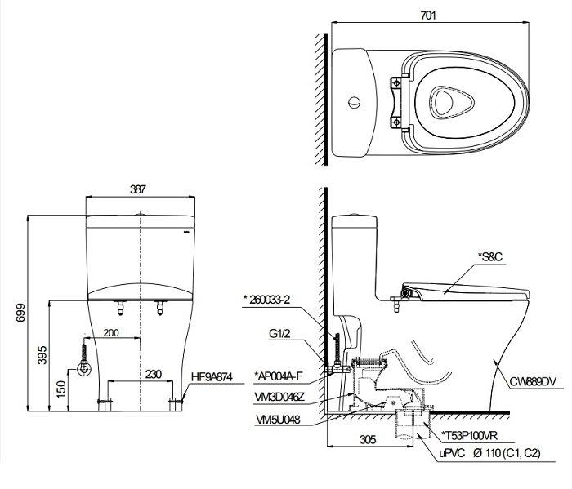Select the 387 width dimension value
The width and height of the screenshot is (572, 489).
(138, 189)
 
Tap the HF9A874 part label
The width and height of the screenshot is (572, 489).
(217, 377)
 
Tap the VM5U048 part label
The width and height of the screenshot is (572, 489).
(279, 420)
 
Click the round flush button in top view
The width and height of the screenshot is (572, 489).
(354, 103)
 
